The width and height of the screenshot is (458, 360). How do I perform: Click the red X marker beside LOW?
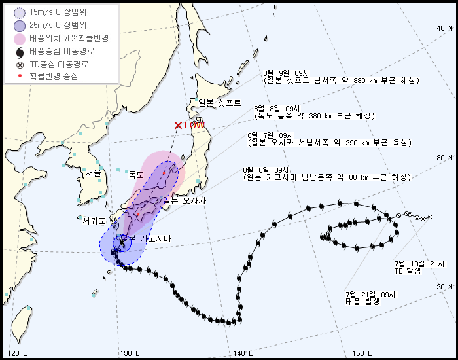[x=178, y=125]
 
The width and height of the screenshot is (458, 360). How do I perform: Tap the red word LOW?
[x=195, y=125]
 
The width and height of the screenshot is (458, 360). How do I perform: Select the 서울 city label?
[x=92, y=173]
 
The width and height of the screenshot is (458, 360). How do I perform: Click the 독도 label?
[x=135, y=175]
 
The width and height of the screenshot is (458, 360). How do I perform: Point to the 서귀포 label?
[x=90, y=219]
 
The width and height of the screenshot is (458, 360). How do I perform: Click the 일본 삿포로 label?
[x=220, y=103]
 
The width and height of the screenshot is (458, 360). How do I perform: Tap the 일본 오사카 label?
[x=185, y=200]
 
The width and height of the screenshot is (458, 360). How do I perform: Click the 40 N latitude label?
[x=445, y=28]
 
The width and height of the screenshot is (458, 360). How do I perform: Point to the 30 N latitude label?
[x=445, y=158]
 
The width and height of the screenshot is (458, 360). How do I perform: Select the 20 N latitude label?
[x=445, y=287]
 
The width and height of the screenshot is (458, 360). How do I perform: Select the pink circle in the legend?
[x=20, y=38]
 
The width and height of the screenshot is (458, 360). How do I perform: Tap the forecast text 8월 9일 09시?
[x=281, y=73]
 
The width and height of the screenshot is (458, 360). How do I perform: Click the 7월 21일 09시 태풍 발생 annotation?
[x=370, y=298]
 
